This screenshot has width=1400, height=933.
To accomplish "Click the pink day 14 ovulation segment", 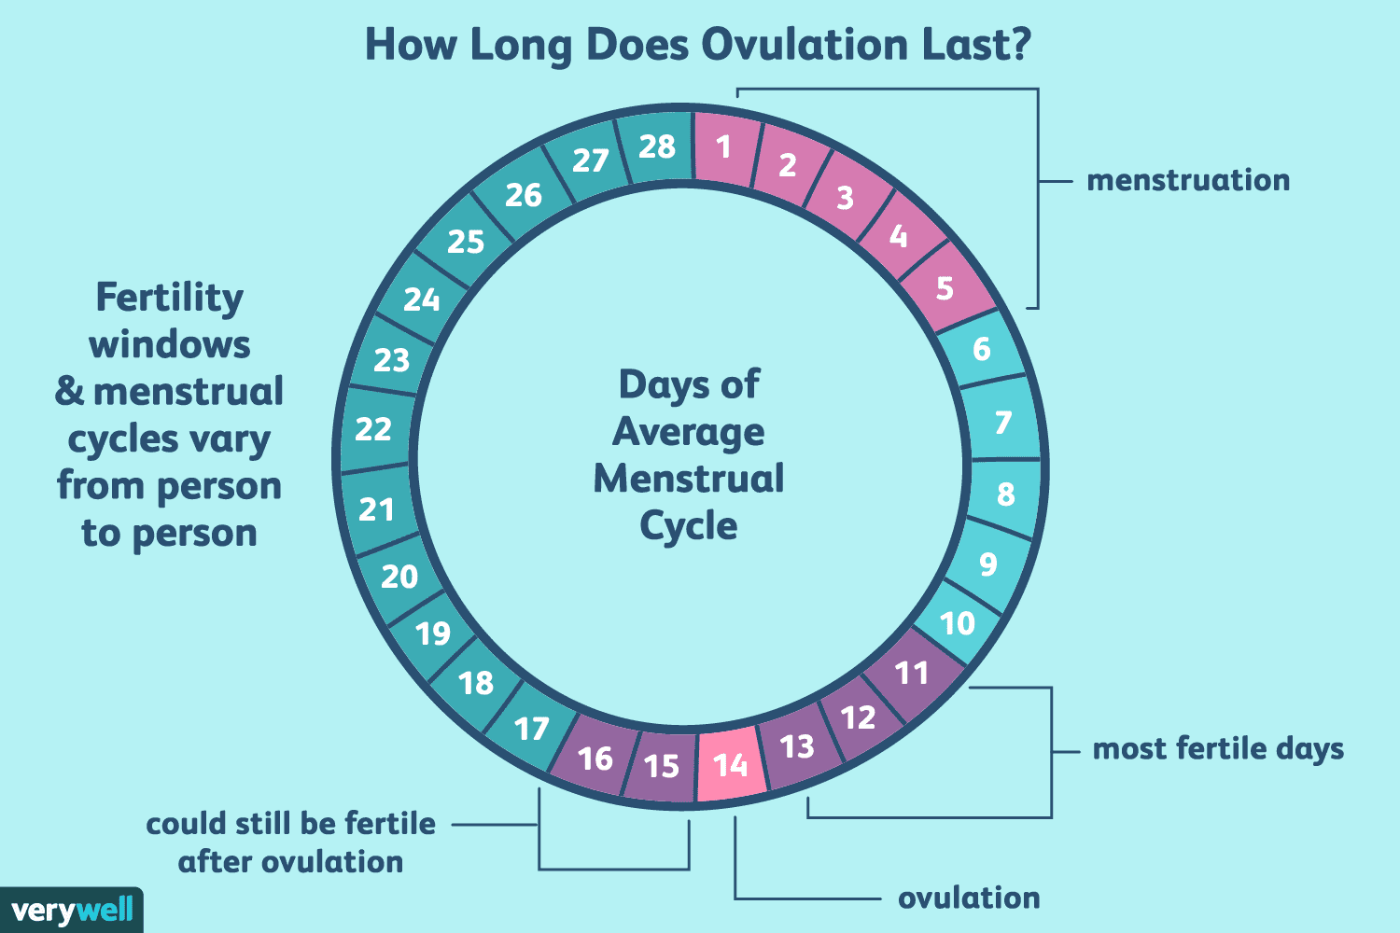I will pos(731,765).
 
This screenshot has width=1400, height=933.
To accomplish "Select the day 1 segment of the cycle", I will pos(724,146).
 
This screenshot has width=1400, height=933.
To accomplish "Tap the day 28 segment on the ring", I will pos(657,146).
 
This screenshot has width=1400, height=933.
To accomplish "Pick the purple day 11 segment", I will pos(912,673).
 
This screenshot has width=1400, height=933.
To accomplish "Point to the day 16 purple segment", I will pos(595,759).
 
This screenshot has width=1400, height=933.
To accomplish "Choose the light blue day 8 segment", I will pos(1005,494).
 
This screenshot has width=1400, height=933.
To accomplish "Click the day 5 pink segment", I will pos(945,288).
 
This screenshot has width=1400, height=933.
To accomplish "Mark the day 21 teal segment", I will pos(376,509).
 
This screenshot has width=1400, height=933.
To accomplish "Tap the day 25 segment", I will pos(465,242).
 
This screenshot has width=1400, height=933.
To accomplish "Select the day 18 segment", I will pos(476,683).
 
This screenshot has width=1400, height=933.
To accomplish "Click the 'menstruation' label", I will pos(1188,180).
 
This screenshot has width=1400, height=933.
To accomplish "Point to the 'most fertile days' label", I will pos(1218,748).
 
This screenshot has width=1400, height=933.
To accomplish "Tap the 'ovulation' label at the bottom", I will pos(969,898).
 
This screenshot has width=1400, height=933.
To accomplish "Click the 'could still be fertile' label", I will pos(291,824).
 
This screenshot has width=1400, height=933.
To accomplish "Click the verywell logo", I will pos(72,910).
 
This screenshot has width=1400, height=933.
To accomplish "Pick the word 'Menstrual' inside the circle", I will pos(689,479).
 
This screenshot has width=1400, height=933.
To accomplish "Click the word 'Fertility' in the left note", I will pos(169,298).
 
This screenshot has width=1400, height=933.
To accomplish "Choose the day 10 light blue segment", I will pos(957,622).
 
